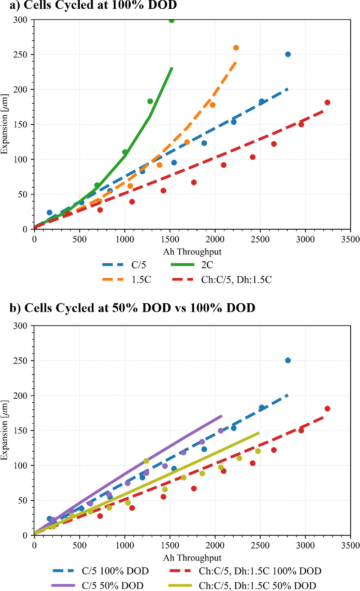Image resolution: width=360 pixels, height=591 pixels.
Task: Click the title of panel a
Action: [x=93, y=5]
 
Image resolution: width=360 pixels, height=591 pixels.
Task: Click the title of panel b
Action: [x=132, y=308]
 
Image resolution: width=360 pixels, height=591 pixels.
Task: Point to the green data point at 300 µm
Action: [x=172, y=20]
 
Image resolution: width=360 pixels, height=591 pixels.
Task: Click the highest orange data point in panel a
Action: [x=236, y=48]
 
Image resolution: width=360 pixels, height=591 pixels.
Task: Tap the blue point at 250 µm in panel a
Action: [x=288, y=54]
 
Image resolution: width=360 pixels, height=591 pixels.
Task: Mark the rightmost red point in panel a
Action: [x=327, y=103]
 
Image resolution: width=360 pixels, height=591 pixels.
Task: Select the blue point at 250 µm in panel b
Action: [x=288, y=361]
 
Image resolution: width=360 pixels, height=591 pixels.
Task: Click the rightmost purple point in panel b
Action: [x=221, y=431]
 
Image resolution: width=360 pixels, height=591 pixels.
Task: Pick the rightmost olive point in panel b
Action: [x=258, y=451]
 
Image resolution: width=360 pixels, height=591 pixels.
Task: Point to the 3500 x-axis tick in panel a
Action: [x=350, y=239]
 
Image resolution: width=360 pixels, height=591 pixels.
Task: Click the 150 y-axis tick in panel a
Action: [x=21, y=125]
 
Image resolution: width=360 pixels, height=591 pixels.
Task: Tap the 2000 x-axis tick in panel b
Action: [x=215, y=545]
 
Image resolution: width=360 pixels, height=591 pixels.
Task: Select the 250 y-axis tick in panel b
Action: [x=21, y=361]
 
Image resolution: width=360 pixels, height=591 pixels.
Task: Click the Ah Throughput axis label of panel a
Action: [x=192, y=252]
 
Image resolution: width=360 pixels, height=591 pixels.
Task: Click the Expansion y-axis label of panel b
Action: [x=4, y=430]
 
